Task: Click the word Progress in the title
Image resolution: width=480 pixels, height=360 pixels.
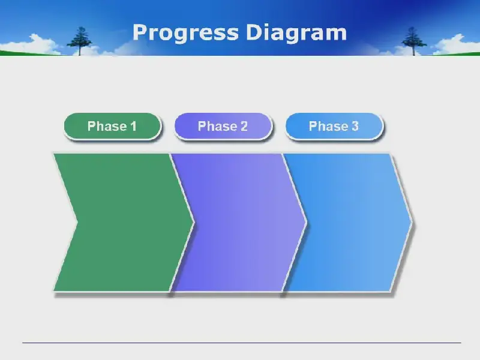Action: tap(185, 33)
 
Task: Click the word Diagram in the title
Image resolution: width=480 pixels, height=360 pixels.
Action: tap(296, 33)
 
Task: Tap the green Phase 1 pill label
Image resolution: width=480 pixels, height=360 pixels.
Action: tap(112, 126)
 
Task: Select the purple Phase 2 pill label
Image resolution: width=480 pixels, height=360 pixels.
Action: tap(223, 126)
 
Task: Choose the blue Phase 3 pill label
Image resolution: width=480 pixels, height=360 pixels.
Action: tap(334, 126)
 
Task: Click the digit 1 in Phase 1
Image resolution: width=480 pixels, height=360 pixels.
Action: tap(133, 126)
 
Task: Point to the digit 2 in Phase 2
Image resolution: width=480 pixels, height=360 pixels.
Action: tap(244, 126)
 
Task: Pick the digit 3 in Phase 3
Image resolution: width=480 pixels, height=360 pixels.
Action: tap(355, 126)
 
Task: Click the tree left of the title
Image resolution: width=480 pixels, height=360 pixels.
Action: tap(80, 41)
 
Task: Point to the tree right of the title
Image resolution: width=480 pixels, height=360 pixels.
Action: tap(413, 41)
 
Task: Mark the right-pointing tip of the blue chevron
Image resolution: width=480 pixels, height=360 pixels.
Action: tap(412, 221)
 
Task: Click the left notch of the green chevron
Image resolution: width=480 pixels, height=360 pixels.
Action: tap(77, 222)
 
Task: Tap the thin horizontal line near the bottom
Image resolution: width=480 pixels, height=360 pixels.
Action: tap(242, 343)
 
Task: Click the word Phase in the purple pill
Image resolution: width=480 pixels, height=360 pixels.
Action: tap(218, 126)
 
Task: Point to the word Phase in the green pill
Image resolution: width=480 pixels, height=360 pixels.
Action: tap(107, 126)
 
